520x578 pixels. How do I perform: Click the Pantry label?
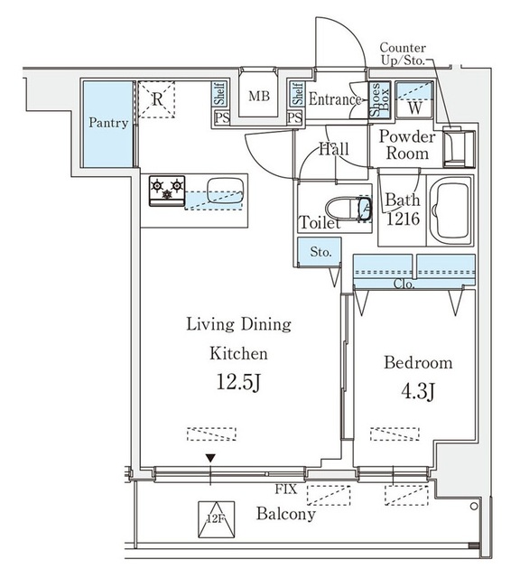[x=108, y=123]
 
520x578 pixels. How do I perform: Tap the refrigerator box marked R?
[x=156, y=99]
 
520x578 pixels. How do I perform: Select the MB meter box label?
[x=259, y=97]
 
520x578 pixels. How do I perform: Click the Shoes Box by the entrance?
[x=379, y=98]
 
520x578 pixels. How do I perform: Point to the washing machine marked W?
[x=414, y=99]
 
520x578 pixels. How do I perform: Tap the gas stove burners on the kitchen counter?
[x=167, y=191]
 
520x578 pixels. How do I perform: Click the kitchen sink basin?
[x=225, y=191]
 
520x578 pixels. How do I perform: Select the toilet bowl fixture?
[x=348, y=210]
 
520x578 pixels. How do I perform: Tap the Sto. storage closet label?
[x=320, y=252]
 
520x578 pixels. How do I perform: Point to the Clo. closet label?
[x=404, y=284]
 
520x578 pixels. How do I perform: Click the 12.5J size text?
[x=239, y=382]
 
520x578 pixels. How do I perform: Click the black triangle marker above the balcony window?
[x=210, y=458]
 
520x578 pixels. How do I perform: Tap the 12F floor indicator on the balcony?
[x=217, y=519]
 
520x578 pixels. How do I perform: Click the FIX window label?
[x=285, y=489]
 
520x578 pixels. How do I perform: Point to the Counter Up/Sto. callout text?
[x=403, y=54]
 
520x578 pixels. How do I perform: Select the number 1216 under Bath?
[x=403, y=219]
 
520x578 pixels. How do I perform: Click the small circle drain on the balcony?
[x=474, y=507]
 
